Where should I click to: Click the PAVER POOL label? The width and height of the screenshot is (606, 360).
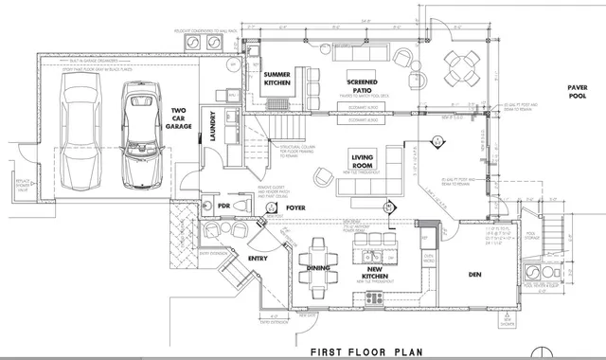579,92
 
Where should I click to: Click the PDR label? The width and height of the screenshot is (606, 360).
225,206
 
